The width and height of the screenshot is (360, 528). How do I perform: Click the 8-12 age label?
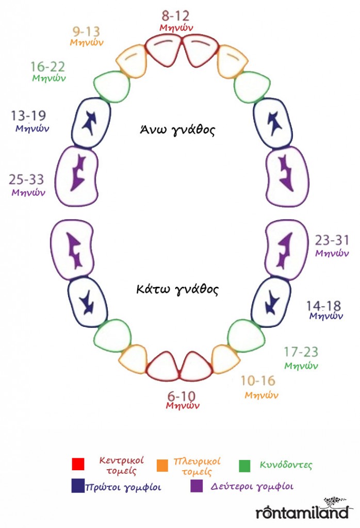point(175,16)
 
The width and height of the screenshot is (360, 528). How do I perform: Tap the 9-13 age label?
point(87,31)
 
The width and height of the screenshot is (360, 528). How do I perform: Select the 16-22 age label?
point(48,67)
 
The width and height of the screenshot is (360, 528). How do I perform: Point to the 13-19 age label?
point(29,116)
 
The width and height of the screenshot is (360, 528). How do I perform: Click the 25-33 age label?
point(27,179)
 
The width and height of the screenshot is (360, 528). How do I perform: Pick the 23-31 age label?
point(332,240)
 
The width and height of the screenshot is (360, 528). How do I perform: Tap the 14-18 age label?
point(323,306)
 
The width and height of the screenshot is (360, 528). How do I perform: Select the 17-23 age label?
point(301,352)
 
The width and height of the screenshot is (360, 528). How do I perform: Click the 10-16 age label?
point(258,381)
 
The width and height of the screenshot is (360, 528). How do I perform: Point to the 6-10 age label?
point(182,396)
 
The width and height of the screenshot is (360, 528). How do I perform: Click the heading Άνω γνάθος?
point(177,129)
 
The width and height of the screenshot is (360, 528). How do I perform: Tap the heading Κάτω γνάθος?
point(177,289)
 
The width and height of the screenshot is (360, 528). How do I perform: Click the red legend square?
point(78,464)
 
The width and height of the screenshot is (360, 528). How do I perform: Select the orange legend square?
point(162,466)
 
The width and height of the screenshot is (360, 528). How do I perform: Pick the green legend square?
point(244,466)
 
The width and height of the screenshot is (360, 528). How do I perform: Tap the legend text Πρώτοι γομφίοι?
point(123,487)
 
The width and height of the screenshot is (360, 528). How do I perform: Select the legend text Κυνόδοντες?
point(286,465)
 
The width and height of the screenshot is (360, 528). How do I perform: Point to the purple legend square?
point(197,486)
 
